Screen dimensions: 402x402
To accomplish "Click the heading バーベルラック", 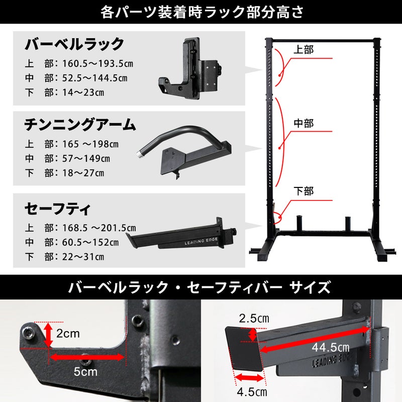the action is coord(74,44).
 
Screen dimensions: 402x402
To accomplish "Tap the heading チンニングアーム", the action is coord(80,124).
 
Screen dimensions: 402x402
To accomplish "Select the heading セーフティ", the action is coord(58,209).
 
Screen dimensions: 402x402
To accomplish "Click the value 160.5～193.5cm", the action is coord(97,64).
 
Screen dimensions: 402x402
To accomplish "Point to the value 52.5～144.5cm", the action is coord(95,78).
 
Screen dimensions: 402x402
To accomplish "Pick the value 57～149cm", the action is coord(86,158).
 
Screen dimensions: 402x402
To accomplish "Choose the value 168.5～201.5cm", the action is coord(99,228).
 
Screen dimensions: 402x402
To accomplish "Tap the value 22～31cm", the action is coord(83,257).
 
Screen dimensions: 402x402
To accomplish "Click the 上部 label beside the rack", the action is coord(304,49).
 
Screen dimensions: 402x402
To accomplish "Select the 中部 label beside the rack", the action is coord(304,123).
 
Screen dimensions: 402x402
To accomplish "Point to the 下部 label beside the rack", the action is coord(304,191).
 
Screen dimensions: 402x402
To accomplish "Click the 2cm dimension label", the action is coord(68,334).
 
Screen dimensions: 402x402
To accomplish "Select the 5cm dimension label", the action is coord(85,372).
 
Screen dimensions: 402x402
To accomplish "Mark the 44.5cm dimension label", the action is coord(331,348).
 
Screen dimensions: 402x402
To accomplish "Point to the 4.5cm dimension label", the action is coord(252,392).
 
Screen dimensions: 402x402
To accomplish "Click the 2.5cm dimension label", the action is coord(254,319).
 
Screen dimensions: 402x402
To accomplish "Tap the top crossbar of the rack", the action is coord(323,41).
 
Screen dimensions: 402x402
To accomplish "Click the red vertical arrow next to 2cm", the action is coord(48,335).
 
